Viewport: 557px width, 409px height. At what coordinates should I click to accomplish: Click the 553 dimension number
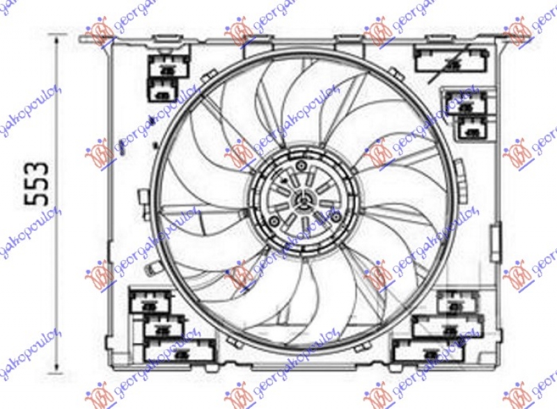pyautogui.click(x=38, y=183)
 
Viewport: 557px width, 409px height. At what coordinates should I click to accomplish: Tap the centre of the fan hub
pyautogui.click(x=304, y=200)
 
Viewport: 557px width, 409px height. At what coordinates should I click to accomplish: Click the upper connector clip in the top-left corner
pyautogui.click(x=168, y=65)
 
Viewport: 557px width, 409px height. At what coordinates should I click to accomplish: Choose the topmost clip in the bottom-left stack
pyautogui.click(x=149, y=300)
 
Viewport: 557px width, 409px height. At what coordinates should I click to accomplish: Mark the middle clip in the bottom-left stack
pyautogui.click(x=164, y=325)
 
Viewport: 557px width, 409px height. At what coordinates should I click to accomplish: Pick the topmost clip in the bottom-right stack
pyautogui.click(x=457, y=302)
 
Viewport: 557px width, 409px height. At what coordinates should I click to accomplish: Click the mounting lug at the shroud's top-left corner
pyautogui.click(x=97, y=34)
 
